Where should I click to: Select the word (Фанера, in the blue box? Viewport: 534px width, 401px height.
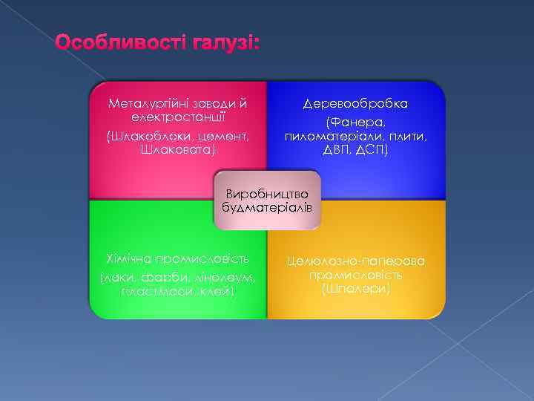coord(355,121)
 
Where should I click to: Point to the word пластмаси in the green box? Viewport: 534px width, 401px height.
coord(151,291)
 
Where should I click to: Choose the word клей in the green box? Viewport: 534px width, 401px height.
coord(217,291)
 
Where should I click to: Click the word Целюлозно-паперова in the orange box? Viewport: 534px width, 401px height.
coord(356,261)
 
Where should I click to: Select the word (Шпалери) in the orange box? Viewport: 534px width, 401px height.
coord(356,287)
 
